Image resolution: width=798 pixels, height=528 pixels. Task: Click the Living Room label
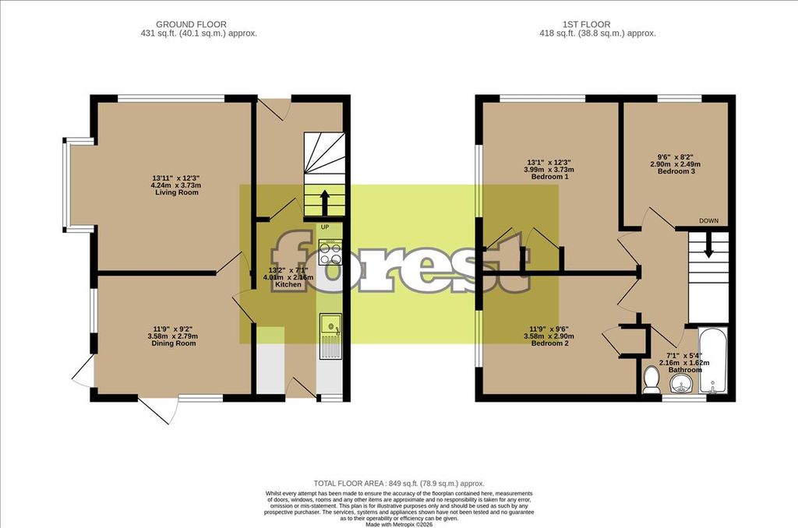coord(177,192)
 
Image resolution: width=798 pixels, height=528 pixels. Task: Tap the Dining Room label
coord(174,343)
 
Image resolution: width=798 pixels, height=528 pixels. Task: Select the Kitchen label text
coord(288,285)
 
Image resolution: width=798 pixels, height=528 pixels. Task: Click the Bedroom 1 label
coord(549,177)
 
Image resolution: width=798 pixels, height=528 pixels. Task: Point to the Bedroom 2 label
coord(549,343)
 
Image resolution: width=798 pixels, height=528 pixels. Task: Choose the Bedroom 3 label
coord(676,171)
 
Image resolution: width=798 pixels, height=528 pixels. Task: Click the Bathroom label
coord(684,370)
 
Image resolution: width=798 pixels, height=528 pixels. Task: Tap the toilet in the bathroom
coord(651,381)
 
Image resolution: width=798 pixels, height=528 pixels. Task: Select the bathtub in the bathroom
coord(713,360)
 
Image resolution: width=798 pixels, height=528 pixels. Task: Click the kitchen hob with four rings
coord(330,252)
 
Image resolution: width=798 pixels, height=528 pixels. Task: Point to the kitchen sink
coord(330,326)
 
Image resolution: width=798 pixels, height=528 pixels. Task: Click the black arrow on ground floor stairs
coord(324,202)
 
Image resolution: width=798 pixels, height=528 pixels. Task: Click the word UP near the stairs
coord(325,227)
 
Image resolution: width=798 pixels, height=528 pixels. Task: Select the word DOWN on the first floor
coord(708,220)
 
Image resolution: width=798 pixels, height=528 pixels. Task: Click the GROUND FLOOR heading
coord(192,24)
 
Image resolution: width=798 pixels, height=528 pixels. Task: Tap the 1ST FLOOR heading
coord(586,24)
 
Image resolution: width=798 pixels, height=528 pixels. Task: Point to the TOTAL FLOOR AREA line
coord(399,484)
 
